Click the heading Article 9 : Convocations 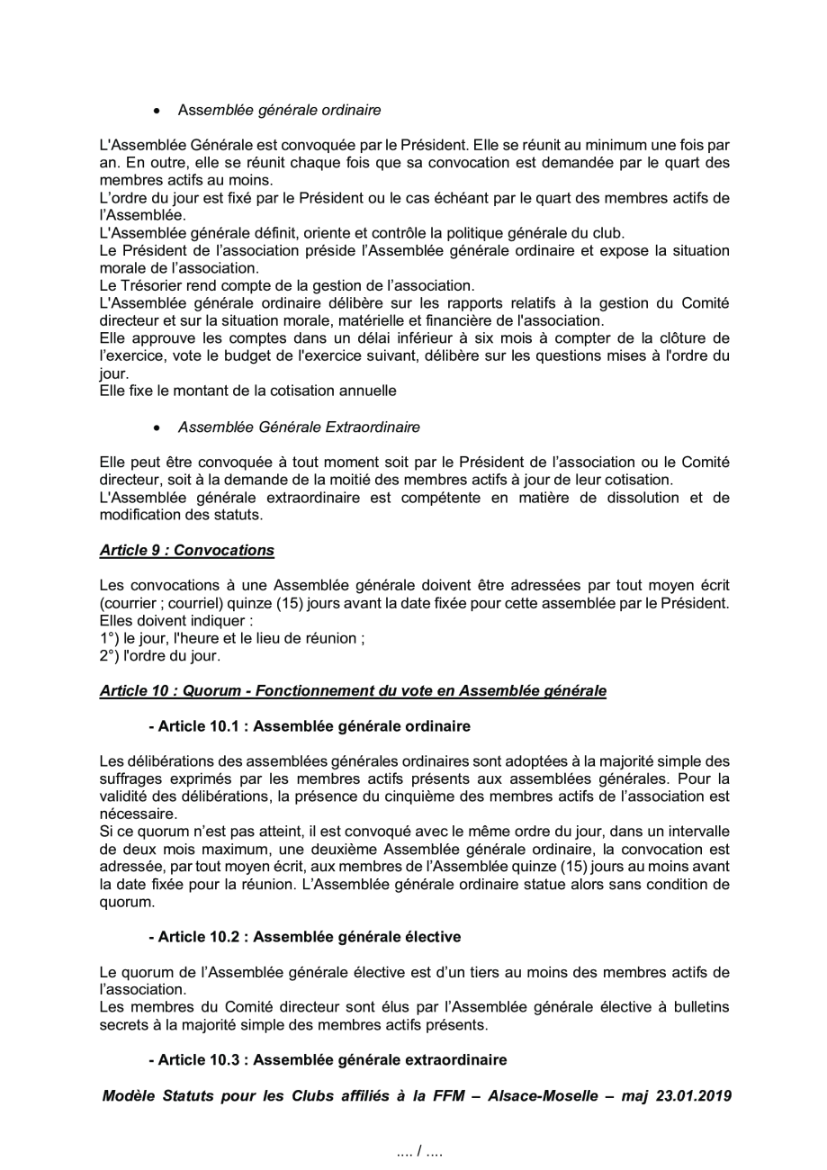[186, 548]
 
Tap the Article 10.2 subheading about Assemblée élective [304, 937]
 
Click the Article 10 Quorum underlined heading [353, 690]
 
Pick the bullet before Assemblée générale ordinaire [157, 111]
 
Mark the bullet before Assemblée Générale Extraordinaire [157, 425]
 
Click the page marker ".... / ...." [419, 1150]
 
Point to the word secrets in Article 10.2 [122, 1025]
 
